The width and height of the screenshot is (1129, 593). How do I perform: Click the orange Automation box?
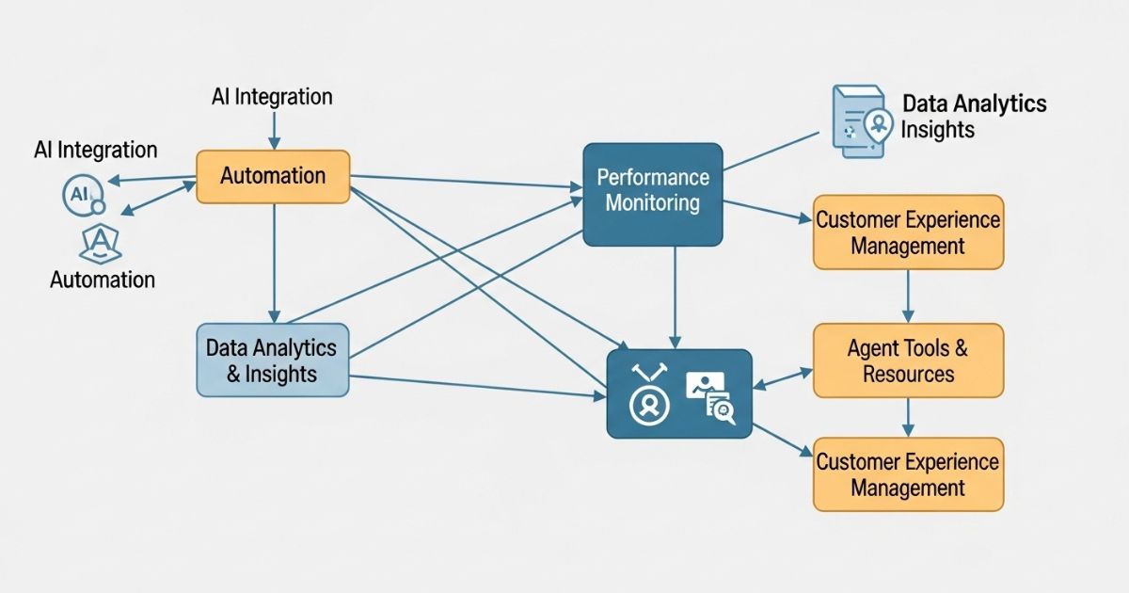click(x=273, y=176)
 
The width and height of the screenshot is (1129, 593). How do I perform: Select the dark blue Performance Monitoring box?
click(x=652, y=194)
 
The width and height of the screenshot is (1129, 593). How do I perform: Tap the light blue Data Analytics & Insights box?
click(x=273, y=360)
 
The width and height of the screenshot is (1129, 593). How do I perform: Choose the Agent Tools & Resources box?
click(x=908, y=361)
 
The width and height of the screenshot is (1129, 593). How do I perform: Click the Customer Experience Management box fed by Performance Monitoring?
click(x=908, y=232)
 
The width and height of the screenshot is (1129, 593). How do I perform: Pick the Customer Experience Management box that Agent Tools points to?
click(x=908, y=474)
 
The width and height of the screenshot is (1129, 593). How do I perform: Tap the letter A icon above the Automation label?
click(x=98, y=244)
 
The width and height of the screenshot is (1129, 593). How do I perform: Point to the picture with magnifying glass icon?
click(x=710, y=396)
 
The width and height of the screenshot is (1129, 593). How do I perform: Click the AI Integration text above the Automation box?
click(x=273, y=96)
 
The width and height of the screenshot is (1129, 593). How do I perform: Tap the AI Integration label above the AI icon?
click(x=96, y=150)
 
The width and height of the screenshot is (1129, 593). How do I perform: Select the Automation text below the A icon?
click(x=103, y=280)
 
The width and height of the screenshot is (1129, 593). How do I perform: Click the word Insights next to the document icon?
click(x=937, y=130)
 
